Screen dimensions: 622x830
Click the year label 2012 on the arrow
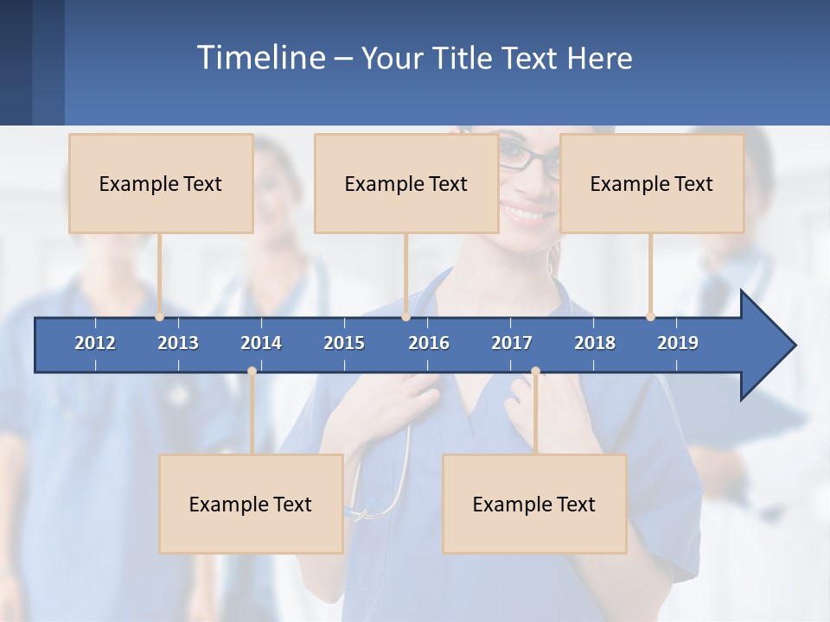tap(95, 343)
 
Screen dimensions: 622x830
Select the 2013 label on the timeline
tap(178, 343)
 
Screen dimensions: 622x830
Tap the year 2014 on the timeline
tap(261, 343)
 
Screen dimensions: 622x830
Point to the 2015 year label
tap(344, 343)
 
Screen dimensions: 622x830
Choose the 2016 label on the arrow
tap(429, 343)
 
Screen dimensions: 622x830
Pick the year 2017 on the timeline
tap(512, 343)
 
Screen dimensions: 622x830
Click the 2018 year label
tap(595, 343)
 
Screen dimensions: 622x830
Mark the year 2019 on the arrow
tap(678, 343)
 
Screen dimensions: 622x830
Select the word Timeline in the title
tap(260, 58)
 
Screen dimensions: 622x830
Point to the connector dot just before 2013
tap(159, 317)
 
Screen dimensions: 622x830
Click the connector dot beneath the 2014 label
tap(252, 371)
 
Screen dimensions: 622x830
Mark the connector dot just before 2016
tap(405, 317)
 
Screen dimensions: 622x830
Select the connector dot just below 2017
tap(535, 371)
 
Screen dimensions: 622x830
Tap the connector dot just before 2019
tap(650, 317)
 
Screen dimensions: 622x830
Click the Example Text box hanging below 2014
tap(251, 504)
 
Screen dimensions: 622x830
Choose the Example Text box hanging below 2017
tap(534, 504)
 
